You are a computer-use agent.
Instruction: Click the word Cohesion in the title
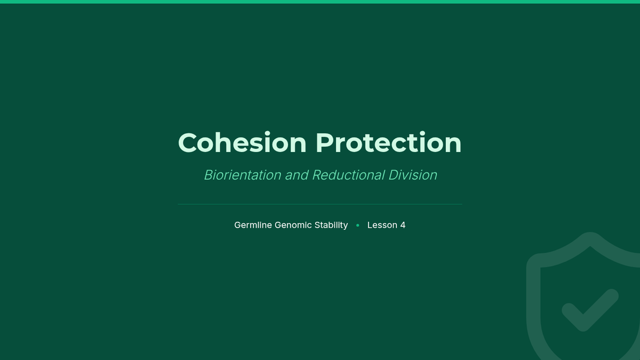[242, 142]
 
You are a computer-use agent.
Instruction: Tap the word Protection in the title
[389, 142]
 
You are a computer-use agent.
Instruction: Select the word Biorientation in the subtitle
[243, 175]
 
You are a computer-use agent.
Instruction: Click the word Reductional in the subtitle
[349, 175]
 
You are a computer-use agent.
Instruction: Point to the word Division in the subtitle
[413, 175]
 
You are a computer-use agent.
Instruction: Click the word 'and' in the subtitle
[297, 175]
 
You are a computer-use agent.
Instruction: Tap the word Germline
[253, 225]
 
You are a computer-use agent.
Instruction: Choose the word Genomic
[293, 225]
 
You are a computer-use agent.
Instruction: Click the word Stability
[331, 225]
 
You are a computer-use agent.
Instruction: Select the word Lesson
[382, 225]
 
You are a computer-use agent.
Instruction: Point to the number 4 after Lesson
[403, 225]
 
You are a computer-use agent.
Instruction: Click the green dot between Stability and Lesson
[358, 226]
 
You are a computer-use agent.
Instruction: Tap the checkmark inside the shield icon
[590, 310]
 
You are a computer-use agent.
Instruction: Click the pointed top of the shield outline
[590, 234]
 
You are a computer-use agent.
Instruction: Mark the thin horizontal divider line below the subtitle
[320, 204]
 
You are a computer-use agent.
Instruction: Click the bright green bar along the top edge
[320, 2]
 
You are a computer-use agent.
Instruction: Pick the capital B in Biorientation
[209, 175]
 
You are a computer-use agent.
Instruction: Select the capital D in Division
[394, 175]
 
